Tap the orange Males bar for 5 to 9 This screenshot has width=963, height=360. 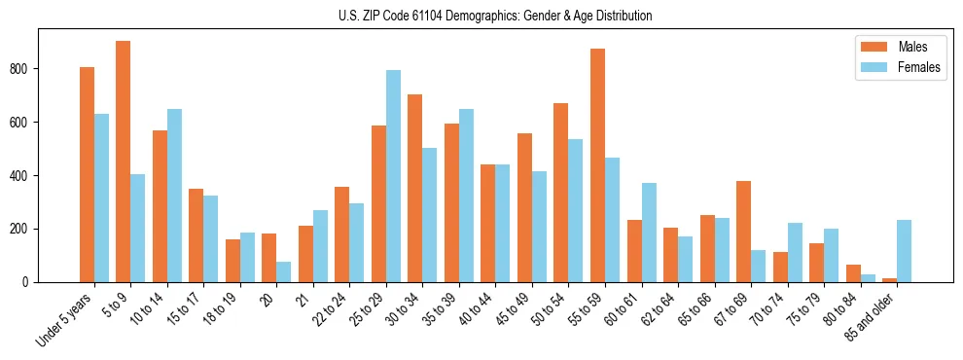click(124, 162)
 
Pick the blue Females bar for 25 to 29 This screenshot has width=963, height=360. click(393, 176)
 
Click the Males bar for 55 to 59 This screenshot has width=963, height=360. click(597, 165)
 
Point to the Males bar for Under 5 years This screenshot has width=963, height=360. click(87, 175)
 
